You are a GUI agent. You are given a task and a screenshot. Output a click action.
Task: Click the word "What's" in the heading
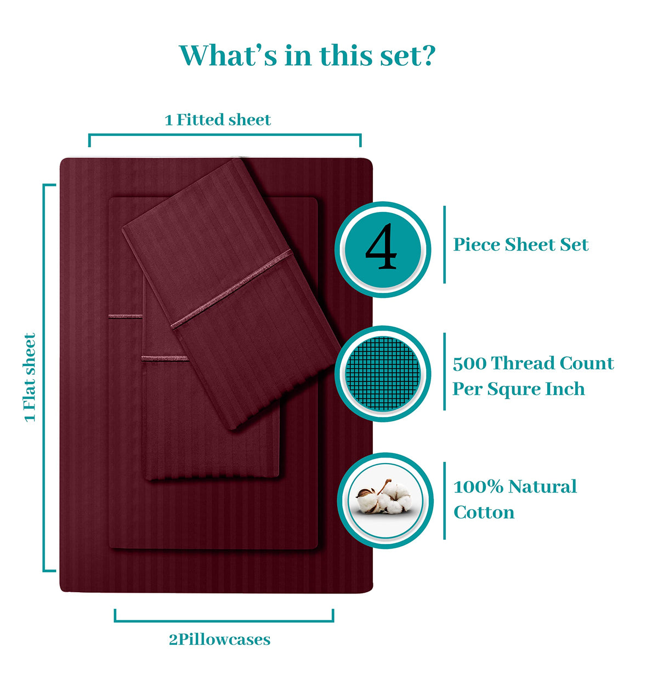pyautogui.click(x=228, y=55)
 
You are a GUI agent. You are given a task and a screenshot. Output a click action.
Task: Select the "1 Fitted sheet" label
pyautogui.click(x=218, y=120)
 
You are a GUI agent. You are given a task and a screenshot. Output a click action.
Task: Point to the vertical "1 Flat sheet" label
pyautogui.click(x=30, y=377)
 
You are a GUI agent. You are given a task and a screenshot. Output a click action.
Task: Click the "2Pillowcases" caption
pyautogui.click(x=219, y=639)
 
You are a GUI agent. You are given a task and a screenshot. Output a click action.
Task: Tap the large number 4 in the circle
pyautogui.click(x=381, y=246)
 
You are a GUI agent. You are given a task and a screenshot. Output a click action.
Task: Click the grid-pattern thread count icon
pyautogui.click(x=382, y=374)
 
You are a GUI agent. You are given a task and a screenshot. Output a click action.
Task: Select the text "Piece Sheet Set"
pyautogui.click(x=521, y=244)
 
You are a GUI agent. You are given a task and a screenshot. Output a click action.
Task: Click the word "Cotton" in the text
pyautogui.click(x=484, y=512)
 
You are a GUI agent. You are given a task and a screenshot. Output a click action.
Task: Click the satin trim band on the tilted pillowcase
pyautogui.click(x=231, y=289)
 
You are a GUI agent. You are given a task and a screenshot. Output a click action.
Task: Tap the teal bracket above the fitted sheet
pyautogui.click(x=225, y=135)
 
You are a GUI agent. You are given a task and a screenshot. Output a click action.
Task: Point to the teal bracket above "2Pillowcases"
pyautogui.click(x=224, y=621)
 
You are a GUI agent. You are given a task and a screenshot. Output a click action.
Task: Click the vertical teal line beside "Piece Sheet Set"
pyautogui.click(x=444, y=244)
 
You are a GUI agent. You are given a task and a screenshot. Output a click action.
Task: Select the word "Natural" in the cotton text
pyautogui.click(x=543, y=487)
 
